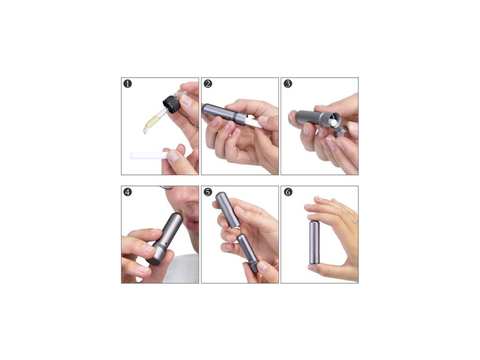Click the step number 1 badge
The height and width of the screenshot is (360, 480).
coord(127,83)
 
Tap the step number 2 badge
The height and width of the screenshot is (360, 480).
coord(208,83)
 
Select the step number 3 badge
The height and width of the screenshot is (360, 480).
coord(288,83)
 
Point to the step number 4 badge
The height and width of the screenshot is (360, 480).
coord(127,192)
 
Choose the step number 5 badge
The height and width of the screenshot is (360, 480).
coord(208,192)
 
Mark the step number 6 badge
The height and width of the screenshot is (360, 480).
coord(288,192)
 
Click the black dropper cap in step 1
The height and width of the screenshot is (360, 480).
coord(172,105)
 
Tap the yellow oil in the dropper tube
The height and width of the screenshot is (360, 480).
coord(151,121)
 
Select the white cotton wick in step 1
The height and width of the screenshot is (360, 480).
coord(149,155)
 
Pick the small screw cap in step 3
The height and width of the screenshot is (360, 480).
coord(341,131)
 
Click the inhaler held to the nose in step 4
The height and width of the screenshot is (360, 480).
coord(165,239)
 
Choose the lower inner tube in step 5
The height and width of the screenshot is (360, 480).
coord(248,253)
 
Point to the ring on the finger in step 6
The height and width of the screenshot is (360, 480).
coord(355,223)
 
